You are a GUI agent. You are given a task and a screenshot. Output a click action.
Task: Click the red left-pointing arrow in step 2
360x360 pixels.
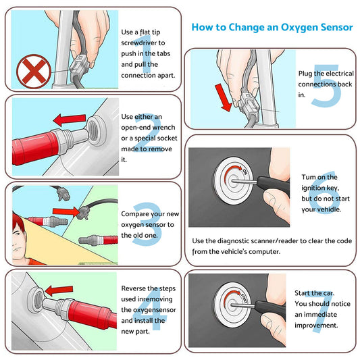pos(70,120)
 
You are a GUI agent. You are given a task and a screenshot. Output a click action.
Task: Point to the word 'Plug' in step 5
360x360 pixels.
pos(307,74)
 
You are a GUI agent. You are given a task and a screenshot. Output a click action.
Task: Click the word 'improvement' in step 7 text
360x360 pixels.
pos(317,325)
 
